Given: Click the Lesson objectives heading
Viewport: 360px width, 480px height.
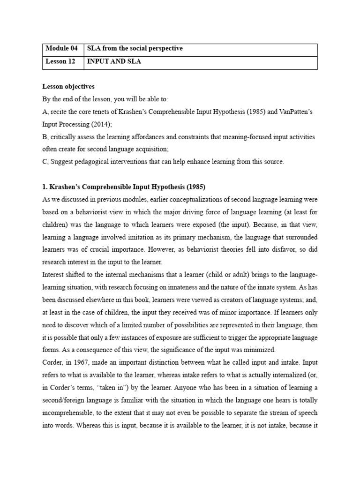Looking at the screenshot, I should [68, 87].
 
